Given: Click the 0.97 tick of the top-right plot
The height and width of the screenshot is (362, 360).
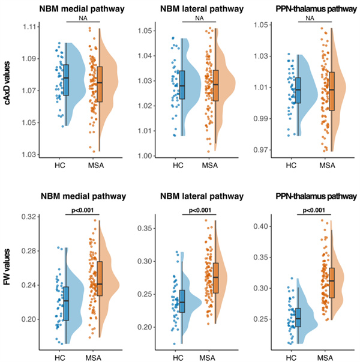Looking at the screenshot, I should tap(260, 149).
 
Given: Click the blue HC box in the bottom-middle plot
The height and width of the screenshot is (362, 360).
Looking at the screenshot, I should tap(182, 301).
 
